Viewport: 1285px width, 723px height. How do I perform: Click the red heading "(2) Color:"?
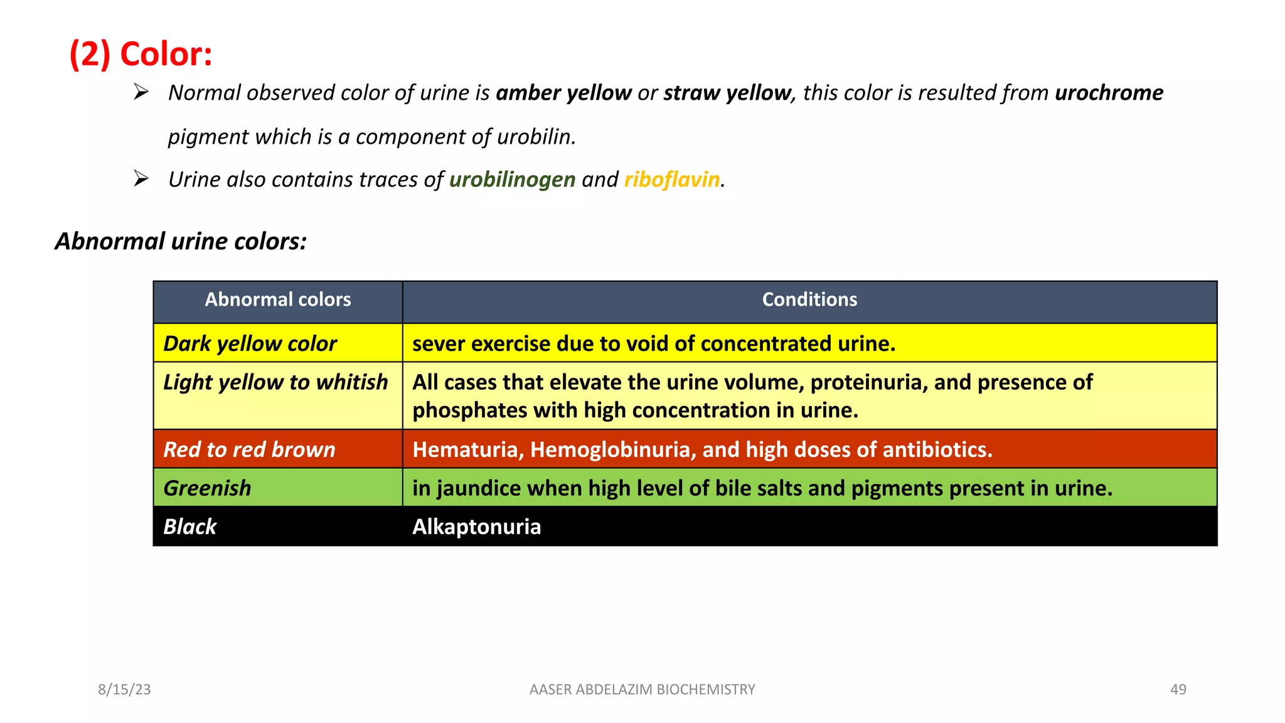point(141,54)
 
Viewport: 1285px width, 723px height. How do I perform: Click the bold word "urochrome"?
point(1109,93)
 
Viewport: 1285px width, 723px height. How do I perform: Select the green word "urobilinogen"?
point(512,179)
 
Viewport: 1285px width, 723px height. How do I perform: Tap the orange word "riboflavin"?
point(671,179)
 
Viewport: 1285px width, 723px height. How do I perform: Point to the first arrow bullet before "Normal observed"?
point(141,93)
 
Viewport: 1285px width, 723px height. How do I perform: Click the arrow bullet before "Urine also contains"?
point(141,179)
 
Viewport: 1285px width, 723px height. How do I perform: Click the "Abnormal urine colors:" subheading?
point(181,241)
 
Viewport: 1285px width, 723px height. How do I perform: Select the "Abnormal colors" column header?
point(277,300)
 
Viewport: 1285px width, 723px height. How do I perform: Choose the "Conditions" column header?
point(809,300)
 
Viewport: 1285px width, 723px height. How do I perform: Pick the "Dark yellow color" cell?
point(250,344)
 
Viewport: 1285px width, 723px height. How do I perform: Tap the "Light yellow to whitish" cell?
point(275,382)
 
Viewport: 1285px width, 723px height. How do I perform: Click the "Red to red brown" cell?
point(249,450)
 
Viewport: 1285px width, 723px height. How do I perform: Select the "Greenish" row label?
point(207,488)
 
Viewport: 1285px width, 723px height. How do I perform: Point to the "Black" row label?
point(189,527)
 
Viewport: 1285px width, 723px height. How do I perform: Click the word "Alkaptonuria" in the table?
point(476,527)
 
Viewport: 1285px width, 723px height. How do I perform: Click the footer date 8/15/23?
point(124,690)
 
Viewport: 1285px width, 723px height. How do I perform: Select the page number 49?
point(1178,690)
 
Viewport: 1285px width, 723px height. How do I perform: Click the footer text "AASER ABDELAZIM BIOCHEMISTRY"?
point(642,690)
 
